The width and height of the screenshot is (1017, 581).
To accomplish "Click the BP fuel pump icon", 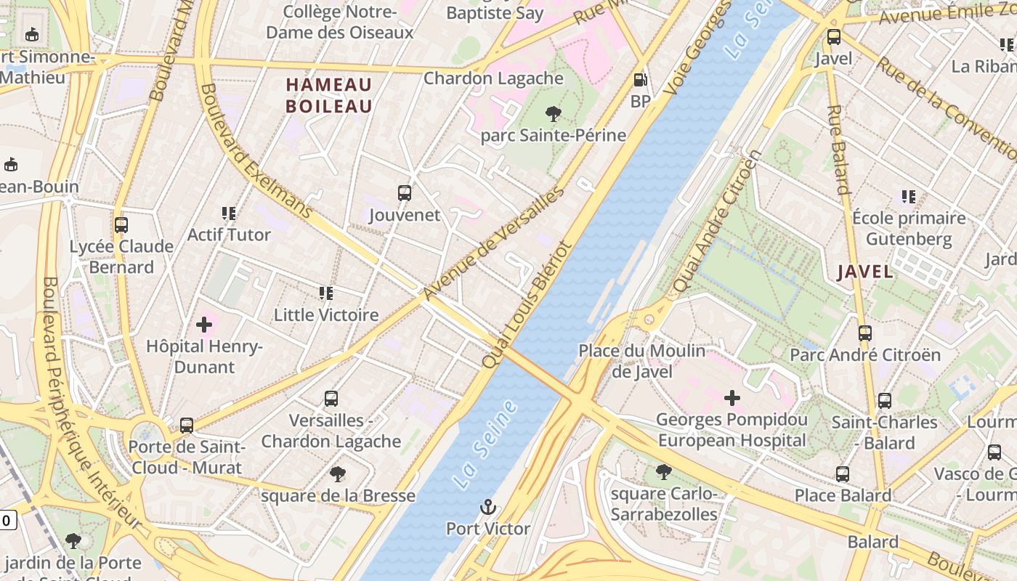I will pos(640,80).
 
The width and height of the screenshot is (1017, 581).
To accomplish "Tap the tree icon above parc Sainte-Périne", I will pos(553,113).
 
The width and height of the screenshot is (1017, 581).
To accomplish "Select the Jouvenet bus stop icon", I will pos(405,193).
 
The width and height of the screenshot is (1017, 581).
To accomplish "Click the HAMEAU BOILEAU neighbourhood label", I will pos(329,95).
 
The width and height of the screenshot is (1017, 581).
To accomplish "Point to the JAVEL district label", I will pos(865,272).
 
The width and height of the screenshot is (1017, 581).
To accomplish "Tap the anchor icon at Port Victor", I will pos(488,507).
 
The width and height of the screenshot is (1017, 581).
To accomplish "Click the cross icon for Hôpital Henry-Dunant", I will pos(204,324).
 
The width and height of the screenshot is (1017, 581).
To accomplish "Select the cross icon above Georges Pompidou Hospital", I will pos(732,397).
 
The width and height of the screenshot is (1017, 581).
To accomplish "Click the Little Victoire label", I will pos(326,314).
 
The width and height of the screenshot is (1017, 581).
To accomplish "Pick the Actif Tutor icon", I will pos(229,214).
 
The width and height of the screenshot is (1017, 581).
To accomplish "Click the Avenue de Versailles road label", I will pos(494,243).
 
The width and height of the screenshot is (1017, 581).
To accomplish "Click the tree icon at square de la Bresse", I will pos(337,474).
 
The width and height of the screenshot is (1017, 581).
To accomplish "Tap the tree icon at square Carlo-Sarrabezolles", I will pos(663,472).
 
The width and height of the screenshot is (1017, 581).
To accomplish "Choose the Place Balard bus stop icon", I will pos(843,474).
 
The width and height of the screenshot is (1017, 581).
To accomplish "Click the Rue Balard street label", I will pos(838,150).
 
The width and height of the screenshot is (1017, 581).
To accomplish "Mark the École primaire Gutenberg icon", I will pos(908,196).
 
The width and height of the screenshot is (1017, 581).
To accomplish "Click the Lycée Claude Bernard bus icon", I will pos(121,225).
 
